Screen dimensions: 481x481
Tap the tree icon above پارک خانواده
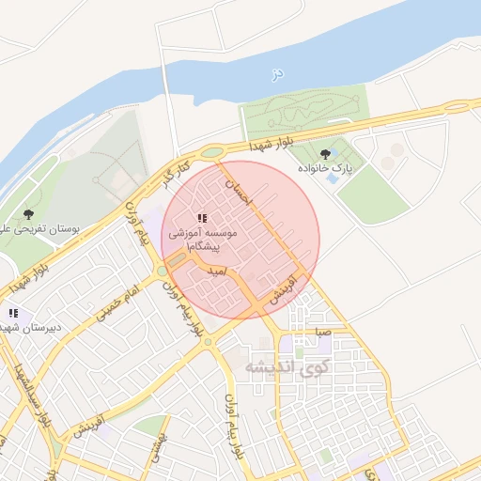click(325, 152)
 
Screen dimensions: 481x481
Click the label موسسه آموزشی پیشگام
click(203, 238)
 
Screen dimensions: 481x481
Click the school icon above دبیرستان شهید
click(13, 313)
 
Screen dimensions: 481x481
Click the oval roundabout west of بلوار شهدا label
click(212, 152)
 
